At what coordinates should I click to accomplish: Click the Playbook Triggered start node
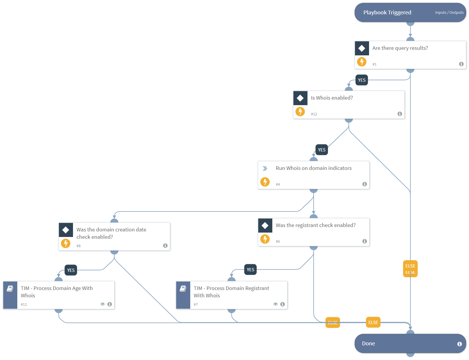[x=387, y=13]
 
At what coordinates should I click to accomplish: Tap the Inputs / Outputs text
[x=449, y=13]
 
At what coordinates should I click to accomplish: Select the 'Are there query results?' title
[x=400, y=48]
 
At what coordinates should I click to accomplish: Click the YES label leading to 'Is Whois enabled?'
[x=362, y=80]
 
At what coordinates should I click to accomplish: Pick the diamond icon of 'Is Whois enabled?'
[x=300, y=98]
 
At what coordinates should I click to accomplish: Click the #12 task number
[x=314, y=114]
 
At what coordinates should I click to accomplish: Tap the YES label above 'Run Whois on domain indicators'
[x=322, y=150]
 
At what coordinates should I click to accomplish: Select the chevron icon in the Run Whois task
[x=265, y=168]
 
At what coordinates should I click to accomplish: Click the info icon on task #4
[x=364, y=184]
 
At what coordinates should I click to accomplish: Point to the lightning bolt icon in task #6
[x=265, y=239]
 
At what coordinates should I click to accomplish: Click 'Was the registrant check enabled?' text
[x=315, y=225]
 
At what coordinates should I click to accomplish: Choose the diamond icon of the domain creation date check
[x=66, y=230]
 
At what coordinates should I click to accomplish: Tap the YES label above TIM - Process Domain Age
[x=71, y=270]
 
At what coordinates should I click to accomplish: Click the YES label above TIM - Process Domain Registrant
[x=250, y=269]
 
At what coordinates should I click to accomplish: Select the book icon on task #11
[x=10, y=289]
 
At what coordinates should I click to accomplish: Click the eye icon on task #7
[x=275, y=304]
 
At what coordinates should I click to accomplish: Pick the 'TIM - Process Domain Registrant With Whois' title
[x=231, y=292]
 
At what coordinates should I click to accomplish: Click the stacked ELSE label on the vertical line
[x=410, y=268]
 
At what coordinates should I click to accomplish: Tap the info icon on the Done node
[x=459, y=344]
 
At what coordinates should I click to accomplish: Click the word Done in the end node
[x=368, y=344]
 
